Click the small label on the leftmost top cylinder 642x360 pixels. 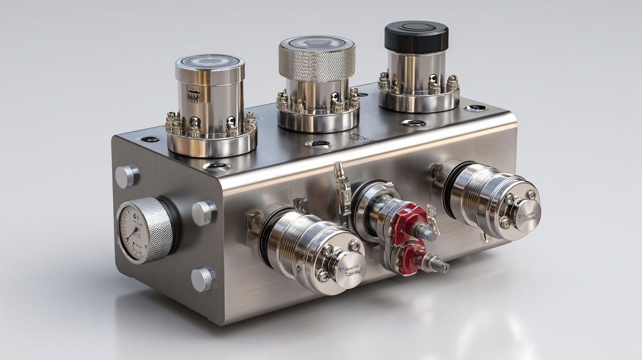point(193,96)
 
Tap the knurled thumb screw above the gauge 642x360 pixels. point(127,176)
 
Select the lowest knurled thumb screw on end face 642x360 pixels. point(203,279)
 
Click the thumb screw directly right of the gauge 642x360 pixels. point(203,213)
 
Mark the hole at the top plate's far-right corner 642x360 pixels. point(475,108)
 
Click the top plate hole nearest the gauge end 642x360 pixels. point(150,139)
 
